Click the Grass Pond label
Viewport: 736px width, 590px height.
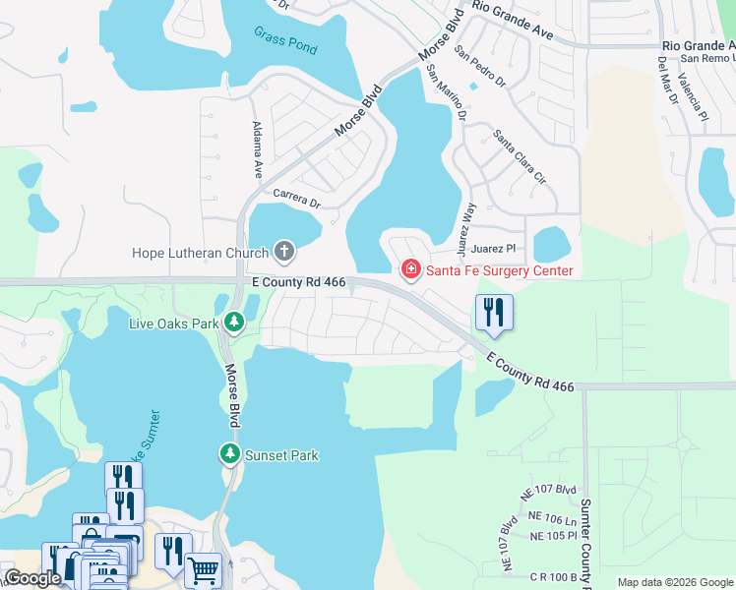(285, 40)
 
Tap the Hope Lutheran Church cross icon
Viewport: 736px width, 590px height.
(284, 252)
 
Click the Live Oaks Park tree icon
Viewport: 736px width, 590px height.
(234, 322)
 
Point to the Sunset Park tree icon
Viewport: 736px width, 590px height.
(229, 454)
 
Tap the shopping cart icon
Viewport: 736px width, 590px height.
(203, 568)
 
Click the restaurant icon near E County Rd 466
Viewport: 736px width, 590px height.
(494, 313)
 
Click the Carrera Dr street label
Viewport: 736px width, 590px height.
(297, 198)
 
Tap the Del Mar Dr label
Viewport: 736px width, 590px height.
(666, 79)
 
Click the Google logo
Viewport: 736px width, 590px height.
(32, 579)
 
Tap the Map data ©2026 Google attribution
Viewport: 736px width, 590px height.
(674, 582)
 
